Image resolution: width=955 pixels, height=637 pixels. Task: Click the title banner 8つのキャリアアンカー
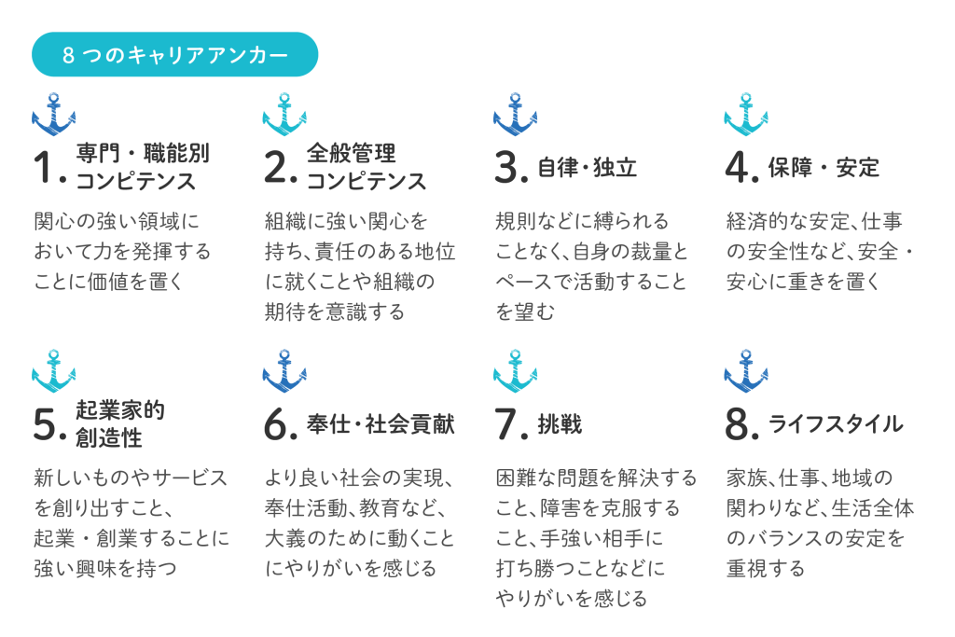pyautogui.click(x=174, y=54)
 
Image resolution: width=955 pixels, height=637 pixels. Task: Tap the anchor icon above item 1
pyautogui.click(x=53, y=114)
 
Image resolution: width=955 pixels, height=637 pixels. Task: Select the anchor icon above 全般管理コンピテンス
pyautogui.click(x=284, y=114)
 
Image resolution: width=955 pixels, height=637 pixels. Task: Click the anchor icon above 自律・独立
pyautogui.click(x=515, y=114)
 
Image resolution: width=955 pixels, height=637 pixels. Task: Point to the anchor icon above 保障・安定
pyautogui.click(x=746, y=114)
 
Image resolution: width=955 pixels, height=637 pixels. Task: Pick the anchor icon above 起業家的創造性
pyautogui.click(x=53, y=371)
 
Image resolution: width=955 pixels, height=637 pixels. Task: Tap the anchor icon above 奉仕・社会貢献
pyautogui.click(x=284, y=371)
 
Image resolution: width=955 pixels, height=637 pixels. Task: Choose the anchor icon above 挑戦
pyautogui.click(x=515, y=371)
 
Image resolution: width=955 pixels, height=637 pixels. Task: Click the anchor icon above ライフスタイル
pyautogui.click(x=746, y=371)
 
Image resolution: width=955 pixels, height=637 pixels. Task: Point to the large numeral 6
pyautogui.click(x=276, y=423)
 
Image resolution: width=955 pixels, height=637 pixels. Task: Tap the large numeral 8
pyautogui.click(x=737, y=423)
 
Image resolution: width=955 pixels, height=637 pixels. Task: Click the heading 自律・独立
pyautogui.click(x=588, y=168)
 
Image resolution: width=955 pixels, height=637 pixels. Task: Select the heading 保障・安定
pyautogui.click(x=824, y=168)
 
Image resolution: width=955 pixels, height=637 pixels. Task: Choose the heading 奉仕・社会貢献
pyautogui.click(x=381, y=424)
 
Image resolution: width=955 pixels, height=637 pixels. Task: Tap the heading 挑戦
pyautogui.click(x=560, y=424)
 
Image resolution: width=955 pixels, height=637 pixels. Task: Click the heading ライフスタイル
pyautogui.click(x=836, y=424)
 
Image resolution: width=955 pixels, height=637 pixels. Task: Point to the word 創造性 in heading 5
pyautogui.click(x=109, y=437)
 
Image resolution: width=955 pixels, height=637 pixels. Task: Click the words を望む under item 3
pyautogui.click(x=525, y=312)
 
